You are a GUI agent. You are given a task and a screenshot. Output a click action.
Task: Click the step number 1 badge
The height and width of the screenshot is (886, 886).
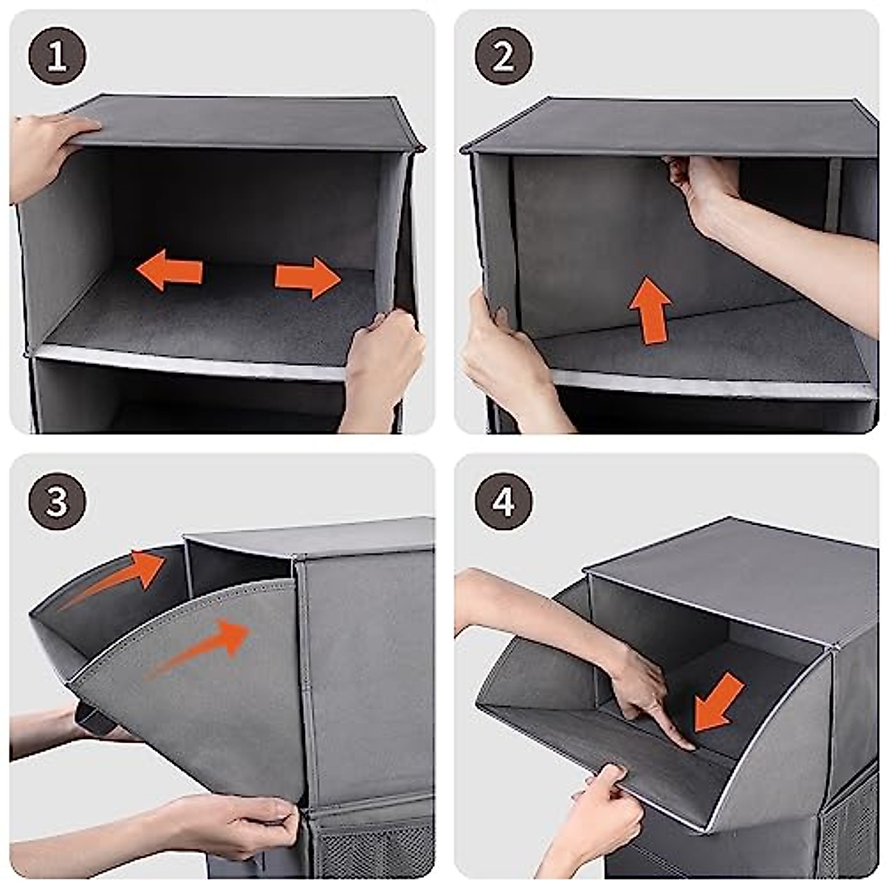click(57, 55)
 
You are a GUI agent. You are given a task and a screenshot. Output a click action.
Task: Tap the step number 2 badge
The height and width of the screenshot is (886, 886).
click(504, 55)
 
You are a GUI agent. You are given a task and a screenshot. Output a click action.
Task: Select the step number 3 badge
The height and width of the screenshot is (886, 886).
click(57, 501)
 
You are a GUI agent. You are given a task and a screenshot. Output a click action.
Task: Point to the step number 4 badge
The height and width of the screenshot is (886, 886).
click(504, 501)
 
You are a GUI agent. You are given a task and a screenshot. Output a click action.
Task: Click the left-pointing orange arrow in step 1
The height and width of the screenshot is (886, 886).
click(170, 270)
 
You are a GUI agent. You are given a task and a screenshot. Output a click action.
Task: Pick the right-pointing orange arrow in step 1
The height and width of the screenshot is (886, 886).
click(308, 278)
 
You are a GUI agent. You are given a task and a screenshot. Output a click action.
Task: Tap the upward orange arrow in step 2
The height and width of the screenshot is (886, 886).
click(650, 310)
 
